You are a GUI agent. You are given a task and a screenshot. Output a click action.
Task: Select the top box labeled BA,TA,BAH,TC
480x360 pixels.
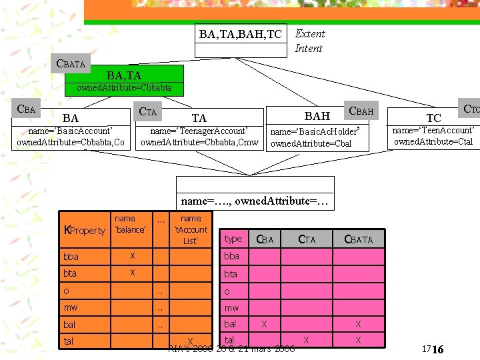click(241, 33)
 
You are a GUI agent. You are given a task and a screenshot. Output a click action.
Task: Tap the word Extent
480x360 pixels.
click(310, 33)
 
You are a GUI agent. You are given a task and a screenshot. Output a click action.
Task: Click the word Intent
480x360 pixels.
click(308, 48)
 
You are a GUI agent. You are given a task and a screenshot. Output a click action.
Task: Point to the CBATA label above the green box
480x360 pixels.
click(71, 64)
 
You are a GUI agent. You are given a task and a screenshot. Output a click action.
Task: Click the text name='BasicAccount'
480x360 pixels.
click(70, 131)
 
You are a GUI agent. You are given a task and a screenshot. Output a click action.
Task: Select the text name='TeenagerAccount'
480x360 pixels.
click(199, 131)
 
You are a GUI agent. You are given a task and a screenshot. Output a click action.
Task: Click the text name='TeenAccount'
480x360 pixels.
click(433, 130)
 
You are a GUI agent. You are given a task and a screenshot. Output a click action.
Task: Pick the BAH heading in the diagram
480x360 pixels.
click(317, 116)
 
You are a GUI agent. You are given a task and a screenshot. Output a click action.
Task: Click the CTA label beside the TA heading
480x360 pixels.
click(147, 112)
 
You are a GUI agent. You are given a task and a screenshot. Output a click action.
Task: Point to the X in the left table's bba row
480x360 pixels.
click(133, 256)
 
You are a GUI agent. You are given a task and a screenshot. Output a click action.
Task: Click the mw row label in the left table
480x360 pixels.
click(70, 308)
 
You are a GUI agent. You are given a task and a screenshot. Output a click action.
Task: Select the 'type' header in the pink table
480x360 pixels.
click(233, 239)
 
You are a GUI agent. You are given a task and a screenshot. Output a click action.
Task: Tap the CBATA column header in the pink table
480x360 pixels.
click(359, 239)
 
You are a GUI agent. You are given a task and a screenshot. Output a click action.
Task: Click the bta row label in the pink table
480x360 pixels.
click(231, 273)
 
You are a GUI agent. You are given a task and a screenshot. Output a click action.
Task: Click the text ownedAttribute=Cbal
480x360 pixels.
click(311, 143)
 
